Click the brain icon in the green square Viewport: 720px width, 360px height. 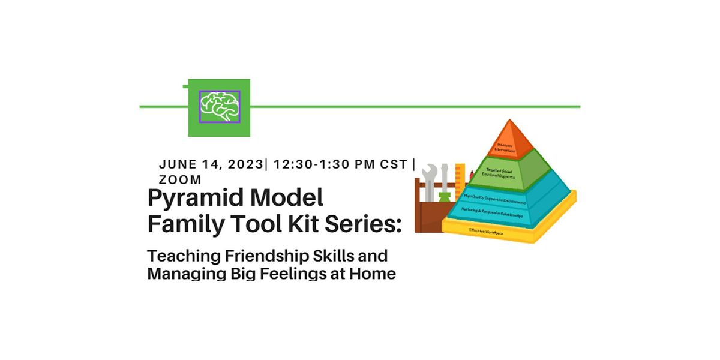coord(219,107)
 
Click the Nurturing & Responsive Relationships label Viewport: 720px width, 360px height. coord(492,212)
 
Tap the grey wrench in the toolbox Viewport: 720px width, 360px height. coord(430,180)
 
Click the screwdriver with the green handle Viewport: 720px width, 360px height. coord(445,186)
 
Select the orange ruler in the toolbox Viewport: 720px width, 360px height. coord(460,180)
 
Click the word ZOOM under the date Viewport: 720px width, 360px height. coord(180,179)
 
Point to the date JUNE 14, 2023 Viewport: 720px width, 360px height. coord(211,164)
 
